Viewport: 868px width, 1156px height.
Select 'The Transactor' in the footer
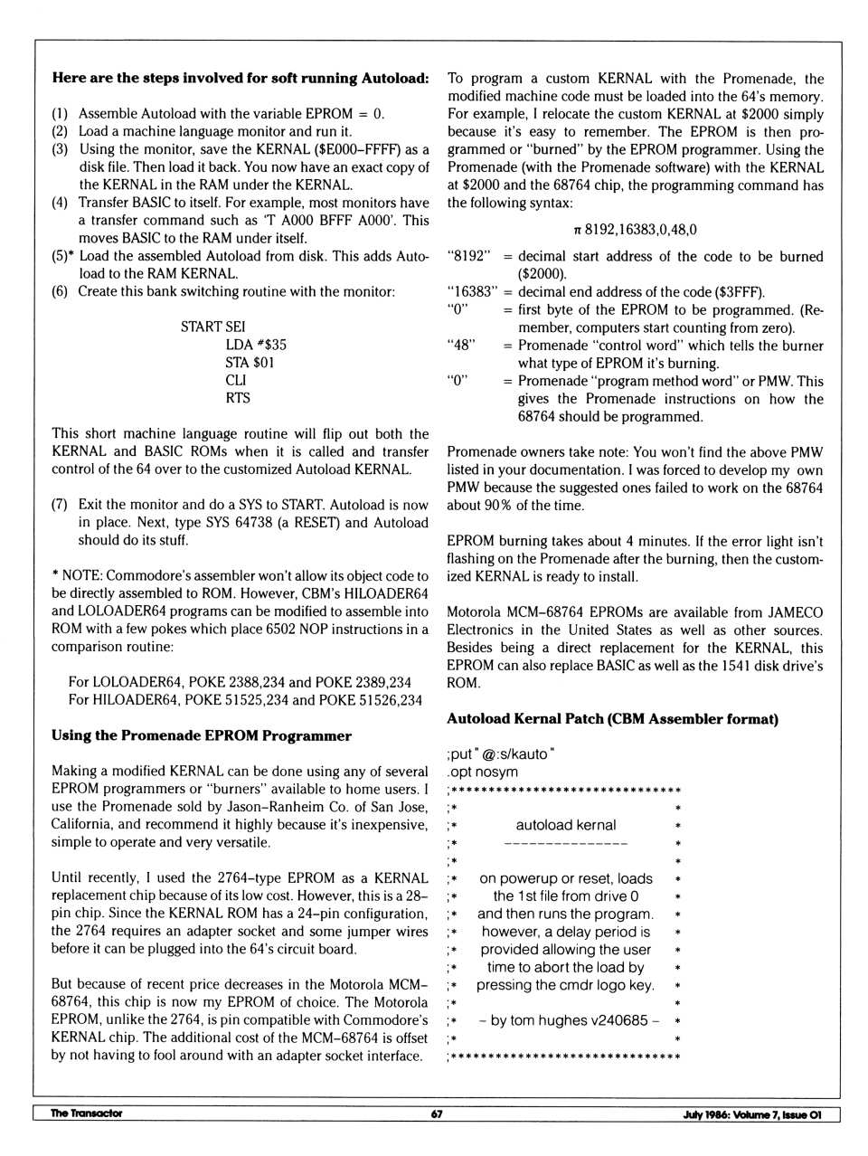(x=87, y=1113)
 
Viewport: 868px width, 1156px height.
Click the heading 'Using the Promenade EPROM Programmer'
(x=201, y=735)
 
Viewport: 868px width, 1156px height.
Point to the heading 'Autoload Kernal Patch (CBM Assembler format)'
(x=612, y=719)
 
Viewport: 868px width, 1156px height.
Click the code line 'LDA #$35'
(x=256, y=345)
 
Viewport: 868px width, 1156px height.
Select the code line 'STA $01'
(x=250, y=363)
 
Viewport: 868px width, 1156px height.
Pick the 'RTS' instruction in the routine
(x=238, y=398)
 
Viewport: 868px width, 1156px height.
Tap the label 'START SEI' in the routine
(x=212, y=327)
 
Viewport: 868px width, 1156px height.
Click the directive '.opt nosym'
(x=483, y=772)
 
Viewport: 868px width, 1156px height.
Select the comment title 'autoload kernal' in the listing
(x=566, y=825)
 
